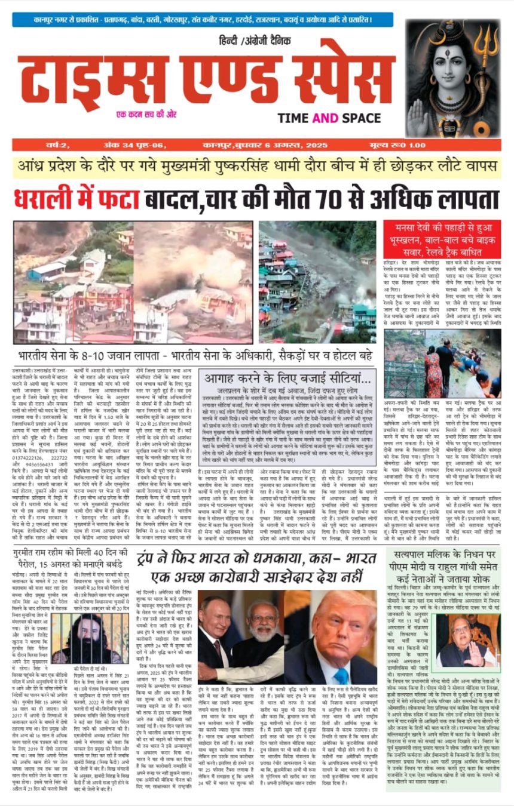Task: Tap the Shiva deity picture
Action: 452,78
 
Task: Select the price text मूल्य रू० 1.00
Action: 466,145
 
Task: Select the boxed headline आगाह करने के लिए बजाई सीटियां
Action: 287,377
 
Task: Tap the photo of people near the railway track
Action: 442,372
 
